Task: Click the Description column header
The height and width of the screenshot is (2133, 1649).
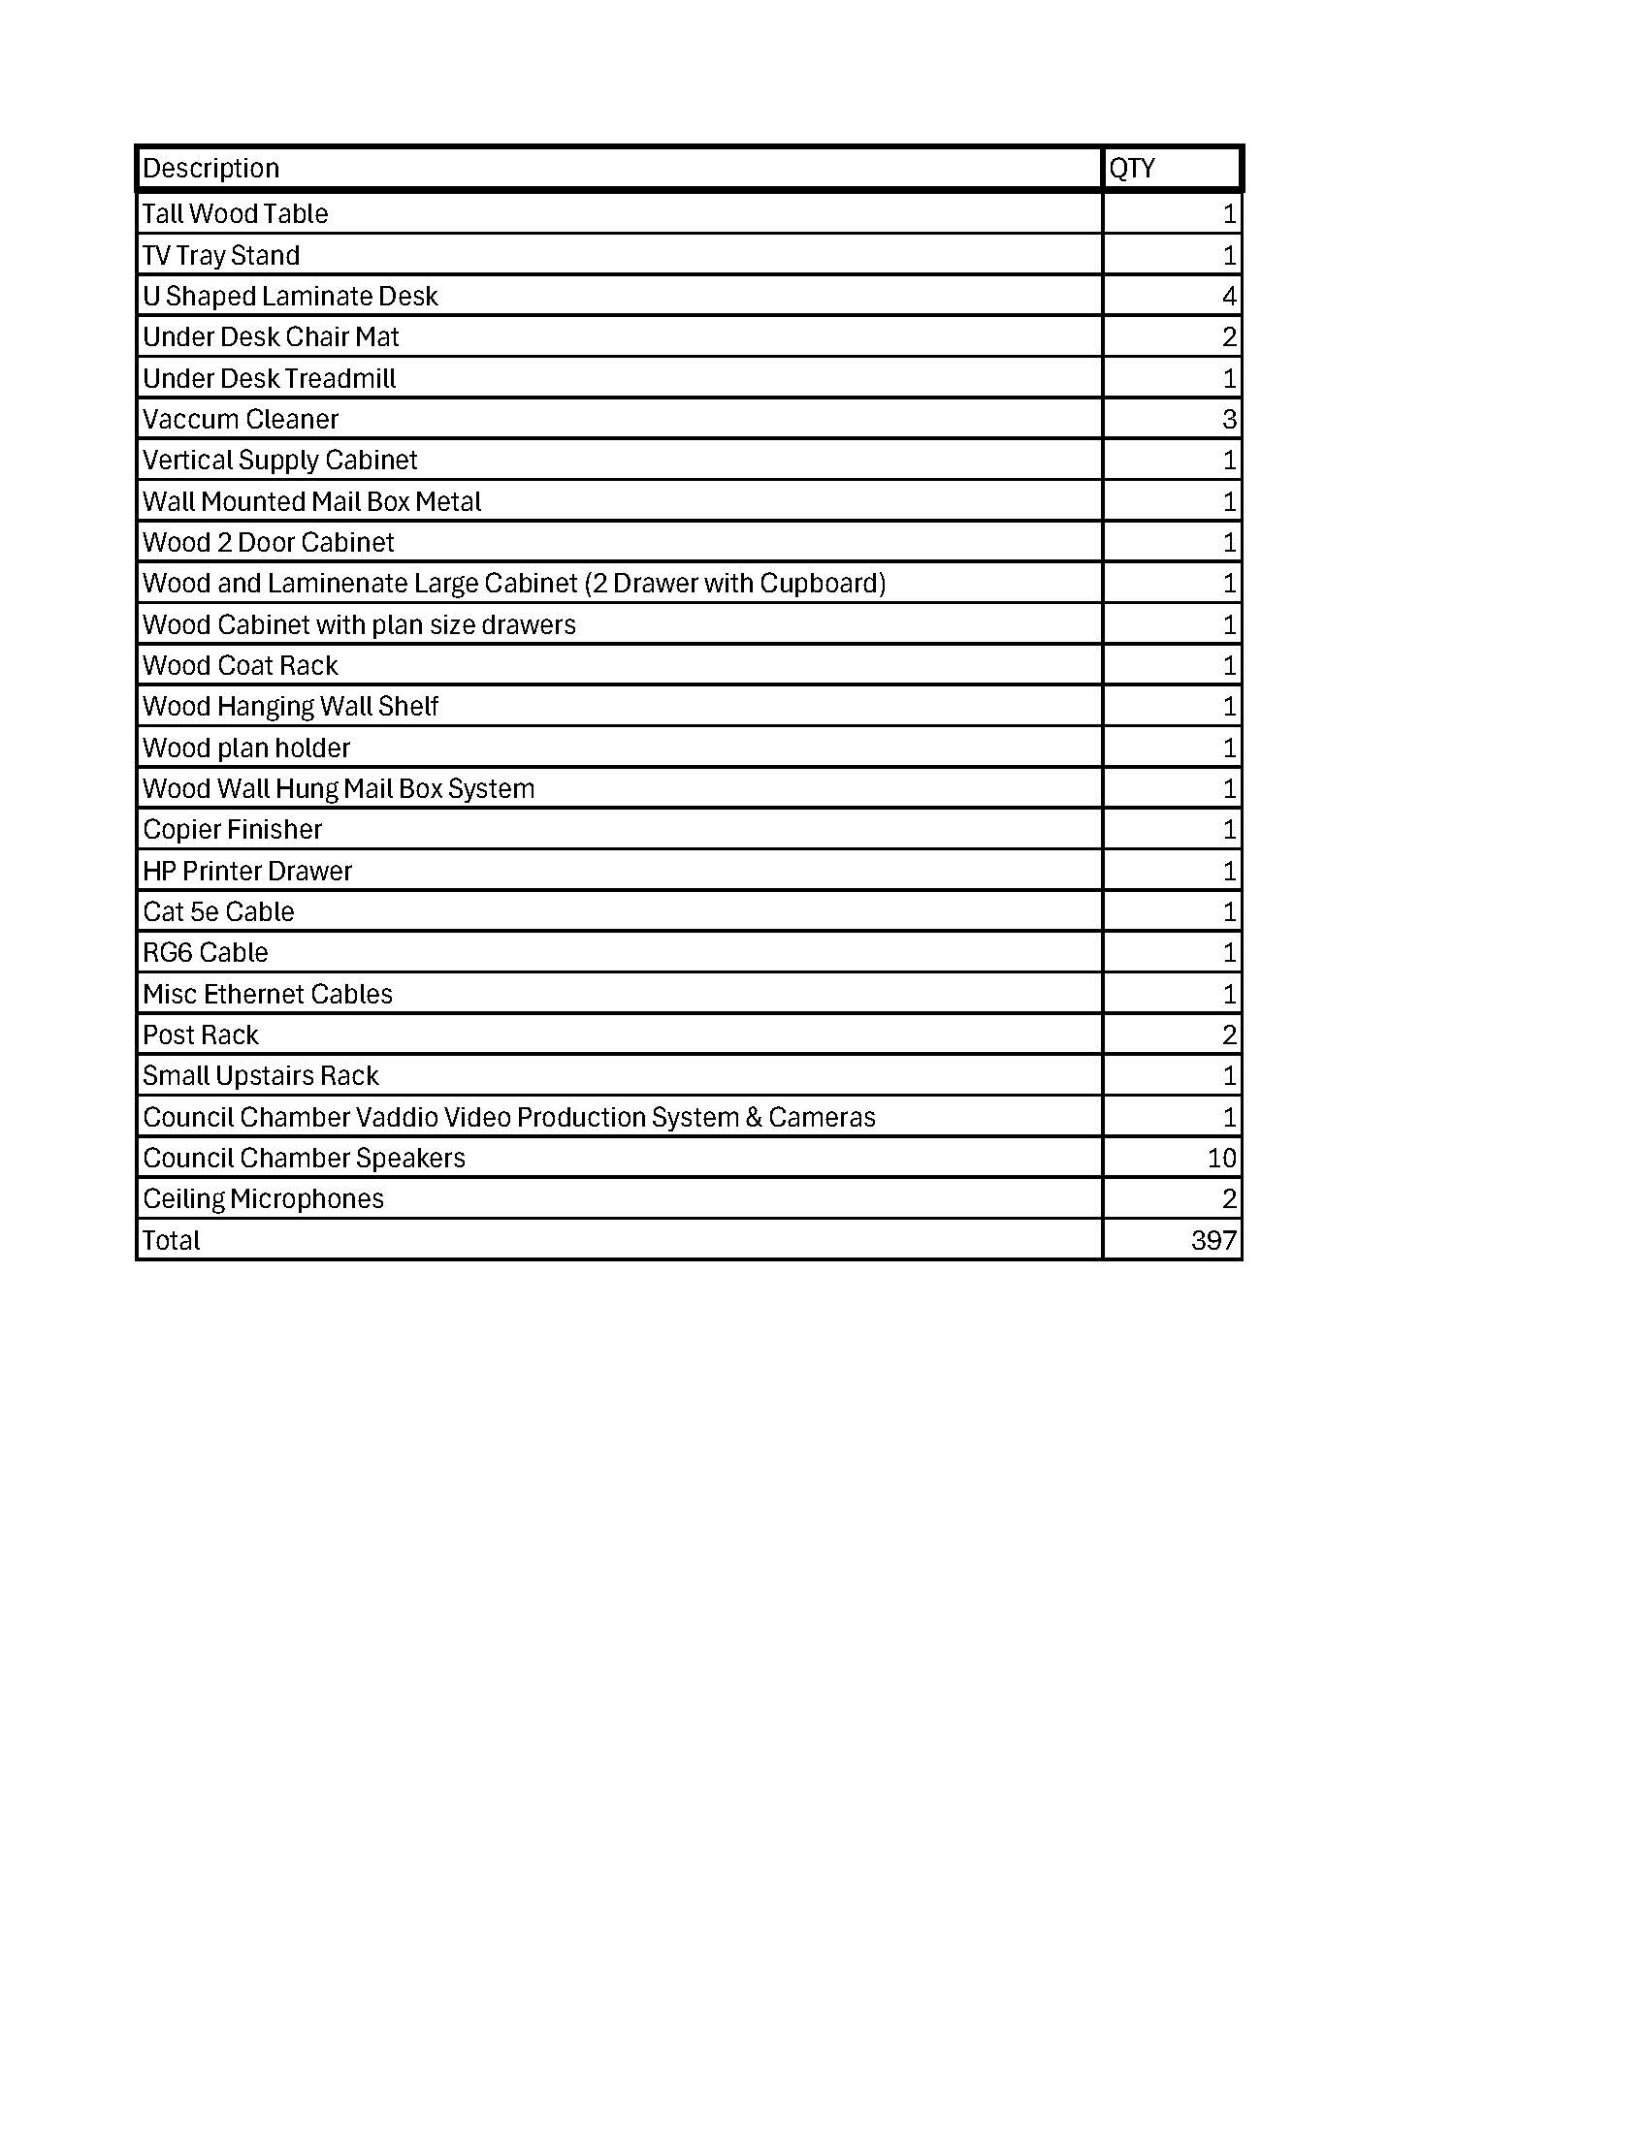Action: click(211, 168)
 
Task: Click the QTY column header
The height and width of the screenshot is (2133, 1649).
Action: click(1132, 168)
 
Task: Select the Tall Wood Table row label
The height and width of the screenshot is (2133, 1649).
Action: click(236, 213)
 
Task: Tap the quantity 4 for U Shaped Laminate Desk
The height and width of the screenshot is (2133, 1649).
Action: click(1229, 296)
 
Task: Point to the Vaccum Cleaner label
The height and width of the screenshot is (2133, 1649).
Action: click(241, 419)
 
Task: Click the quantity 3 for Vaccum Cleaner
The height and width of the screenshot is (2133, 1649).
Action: click(1229, 419)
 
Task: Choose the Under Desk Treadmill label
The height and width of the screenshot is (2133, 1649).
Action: click(269, 378)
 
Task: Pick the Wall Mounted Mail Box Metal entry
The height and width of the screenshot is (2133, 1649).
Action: click(311, 501)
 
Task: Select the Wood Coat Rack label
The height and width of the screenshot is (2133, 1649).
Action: click(241, 665)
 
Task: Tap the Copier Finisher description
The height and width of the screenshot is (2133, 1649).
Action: click(233, 829)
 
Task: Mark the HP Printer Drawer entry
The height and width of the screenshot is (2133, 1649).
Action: click(247, 871)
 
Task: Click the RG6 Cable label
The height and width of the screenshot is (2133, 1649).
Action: click(205, 952)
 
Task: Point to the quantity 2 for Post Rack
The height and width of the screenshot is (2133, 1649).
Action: click(1229, 1035)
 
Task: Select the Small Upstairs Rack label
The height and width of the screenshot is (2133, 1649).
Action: click(261, 1075)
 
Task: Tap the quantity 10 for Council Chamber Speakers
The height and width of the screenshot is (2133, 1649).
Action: click(1221, 1158)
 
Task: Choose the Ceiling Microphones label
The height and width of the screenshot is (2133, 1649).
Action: click(263, 1198)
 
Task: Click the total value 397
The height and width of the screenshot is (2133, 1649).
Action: click(1213, 1240)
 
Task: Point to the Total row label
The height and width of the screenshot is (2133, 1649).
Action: click(171, 1240)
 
